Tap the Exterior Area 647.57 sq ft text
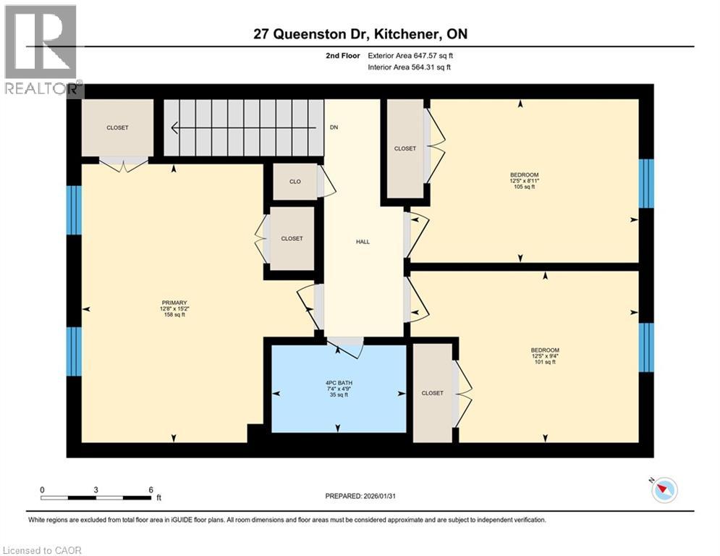(x=410, y=55)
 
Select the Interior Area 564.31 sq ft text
(x=410, y=67)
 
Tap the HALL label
(x=363, y=242)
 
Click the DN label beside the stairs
(x=334, y=127)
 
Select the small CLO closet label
(x=295, y=182)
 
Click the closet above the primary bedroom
(x=117, y=127)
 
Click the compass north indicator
(x=664, y=490)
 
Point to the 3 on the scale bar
(x=96, y=489)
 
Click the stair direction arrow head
(x=175, y=128)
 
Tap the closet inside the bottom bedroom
(x=432, y=393)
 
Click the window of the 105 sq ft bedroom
(x=646, y=184)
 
